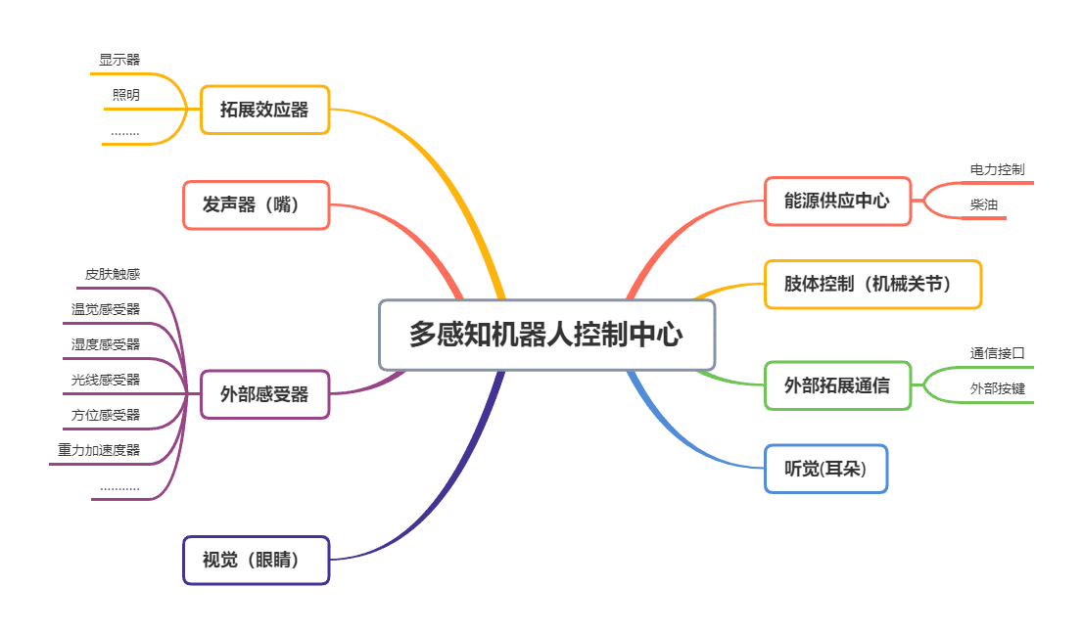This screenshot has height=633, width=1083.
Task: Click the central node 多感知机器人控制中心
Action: [546, 335]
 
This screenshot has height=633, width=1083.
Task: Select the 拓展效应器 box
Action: [264, 110]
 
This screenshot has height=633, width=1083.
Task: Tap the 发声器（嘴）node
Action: [256, 204]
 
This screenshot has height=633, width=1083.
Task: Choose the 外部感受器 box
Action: [264, 394]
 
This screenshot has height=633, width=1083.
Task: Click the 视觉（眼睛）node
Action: [256, 560]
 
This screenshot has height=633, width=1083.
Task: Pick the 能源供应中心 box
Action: [837, 201]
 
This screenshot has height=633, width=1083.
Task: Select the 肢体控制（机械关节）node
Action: [872, 284]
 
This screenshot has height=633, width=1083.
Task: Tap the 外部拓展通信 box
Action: [837, 385]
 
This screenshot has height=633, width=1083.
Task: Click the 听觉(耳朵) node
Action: [825, 469]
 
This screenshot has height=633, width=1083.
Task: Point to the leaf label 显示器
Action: [119, 60]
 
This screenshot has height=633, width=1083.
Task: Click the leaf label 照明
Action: [125, 96]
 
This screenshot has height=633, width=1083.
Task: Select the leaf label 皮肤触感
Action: [113, 274]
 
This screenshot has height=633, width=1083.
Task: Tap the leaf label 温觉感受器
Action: [106, 309]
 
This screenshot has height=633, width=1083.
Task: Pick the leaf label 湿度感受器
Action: [106, 344]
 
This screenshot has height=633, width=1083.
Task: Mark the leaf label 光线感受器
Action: [106, 380]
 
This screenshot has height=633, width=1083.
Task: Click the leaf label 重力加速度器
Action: [99, 450]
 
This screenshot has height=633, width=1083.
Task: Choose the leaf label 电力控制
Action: [997, 169]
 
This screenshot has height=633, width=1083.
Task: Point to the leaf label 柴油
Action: [983, 204]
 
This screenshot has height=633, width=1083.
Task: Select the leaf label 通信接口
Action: [997, 353]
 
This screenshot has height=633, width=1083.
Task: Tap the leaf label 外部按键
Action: [997, 388]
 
